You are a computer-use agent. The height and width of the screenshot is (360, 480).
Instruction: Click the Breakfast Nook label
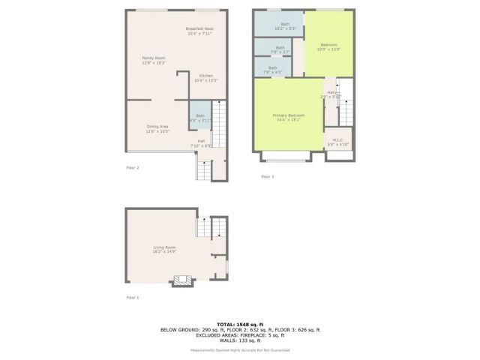coord(199,31)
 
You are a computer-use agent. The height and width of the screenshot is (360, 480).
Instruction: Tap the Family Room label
coord(154,60)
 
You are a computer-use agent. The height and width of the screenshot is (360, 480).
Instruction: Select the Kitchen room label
coord(205,78)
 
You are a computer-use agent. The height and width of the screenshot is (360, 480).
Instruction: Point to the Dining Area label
coord(157,129)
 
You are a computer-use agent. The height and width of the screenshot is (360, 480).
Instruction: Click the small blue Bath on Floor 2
coord(200,118)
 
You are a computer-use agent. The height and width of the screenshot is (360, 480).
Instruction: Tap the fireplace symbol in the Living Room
coord(183,280)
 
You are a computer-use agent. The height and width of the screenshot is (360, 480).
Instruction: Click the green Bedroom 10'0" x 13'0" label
coord(329,47)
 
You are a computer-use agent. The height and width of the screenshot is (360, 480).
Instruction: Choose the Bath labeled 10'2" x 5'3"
coord(285,26)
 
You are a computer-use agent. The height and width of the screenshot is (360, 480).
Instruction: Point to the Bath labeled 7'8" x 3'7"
coord(280,49)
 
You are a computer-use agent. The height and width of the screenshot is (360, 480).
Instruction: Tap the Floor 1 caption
coord(132,298)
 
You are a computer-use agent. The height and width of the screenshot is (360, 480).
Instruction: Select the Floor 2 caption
coord(132,168)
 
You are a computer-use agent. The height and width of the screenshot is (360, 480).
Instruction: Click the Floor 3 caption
coord(268,176)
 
